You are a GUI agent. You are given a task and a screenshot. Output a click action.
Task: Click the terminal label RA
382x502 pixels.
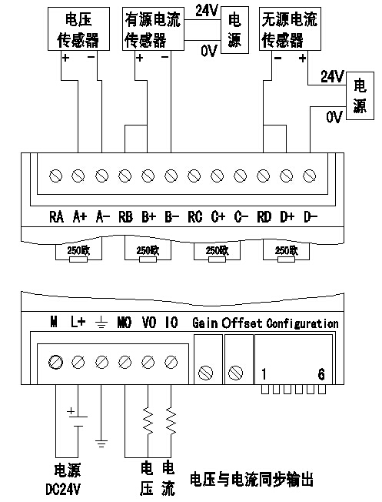pyautogui.click(x=56, y=217)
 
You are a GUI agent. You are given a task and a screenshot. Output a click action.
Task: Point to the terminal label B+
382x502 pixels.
pyautogui.click(x=148, y=217)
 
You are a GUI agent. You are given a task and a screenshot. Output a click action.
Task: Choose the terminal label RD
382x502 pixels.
pyautogui.click(x=264, y=217)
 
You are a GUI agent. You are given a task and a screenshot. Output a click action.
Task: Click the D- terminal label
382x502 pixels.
pyautogui.click(x=310, y=217)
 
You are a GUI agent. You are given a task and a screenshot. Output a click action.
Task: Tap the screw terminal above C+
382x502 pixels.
pyautogui.click(x=217, y=176)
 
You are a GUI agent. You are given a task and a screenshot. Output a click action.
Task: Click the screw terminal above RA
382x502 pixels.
pyautogui.click(x=55, y=176)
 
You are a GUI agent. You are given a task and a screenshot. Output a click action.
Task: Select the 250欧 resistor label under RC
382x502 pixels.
pyautogui.click(x=217, y=250)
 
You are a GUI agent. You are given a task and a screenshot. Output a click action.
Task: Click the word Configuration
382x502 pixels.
pyautogui.click(x=302, y=323)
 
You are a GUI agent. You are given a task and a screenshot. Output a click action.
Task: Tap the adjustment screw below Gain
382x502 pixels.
pyautogui.click(x=205, y=373)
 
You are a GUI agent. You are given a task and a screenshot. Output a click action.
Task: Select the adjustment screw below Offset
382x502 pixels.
pyautogui.click(x=236, y=373)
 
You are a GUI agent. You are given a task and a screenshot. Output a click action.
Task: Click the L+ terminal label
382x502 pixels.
pyautogui.click(x=78, y=322)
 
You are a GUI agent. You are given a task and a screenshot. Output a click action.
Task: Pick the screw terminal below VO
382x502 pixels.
pyautogui.click(x=148, y=362)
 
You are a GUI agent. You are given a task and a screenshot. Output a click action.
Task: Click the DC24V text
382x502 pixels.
pyautogui.click(x=63, y=489)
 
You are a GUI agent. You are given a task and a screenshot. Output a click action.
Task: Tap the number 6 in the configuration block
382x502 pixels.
pyautogui.click(x=321, y=374)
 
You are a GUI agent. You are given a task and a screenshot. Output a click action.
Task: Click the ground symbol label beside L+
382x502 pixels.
pyautogui.click(x=101, y=323)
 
